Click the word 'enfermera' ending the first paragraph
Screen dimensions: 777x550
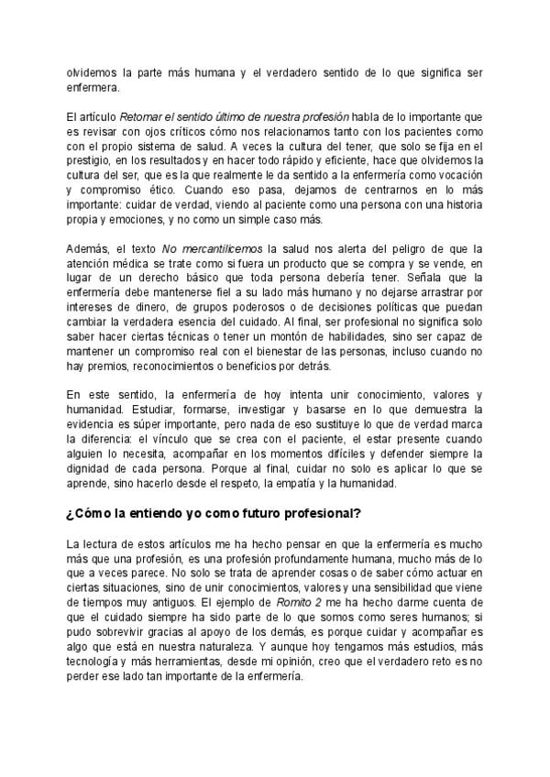tap(92, 90)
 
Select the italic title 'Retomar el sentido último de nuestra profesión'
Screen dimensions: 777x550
tap(235, 118)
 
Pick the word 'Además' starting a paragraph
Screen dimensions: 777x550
tap(88, 250)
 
